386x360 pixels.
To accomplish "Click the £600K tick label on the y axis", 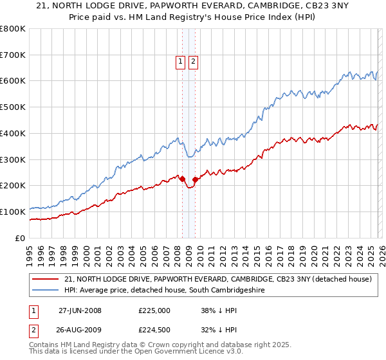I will [x=13, y=81].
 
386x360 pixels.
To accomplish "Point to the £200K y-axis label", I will [x=13, y=186].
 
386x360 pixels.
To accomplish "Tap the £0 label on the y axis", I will [x=21, y=238].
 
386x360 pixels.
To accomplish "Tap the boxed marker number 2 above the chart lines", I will [x=193, y=62].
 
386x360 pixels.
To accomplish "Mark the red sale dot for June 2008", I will [x=182, y=179].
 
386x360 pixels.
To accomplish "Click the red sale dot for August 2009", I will [x=195, y=179].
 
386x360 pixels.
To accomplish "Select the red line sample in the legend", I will [x=44, y=280].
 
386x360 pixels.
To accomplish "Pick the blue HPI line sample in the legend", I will [x=44, y=291].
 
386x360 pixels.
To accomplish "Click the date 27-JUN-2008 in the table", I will [x=80, y=310].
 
